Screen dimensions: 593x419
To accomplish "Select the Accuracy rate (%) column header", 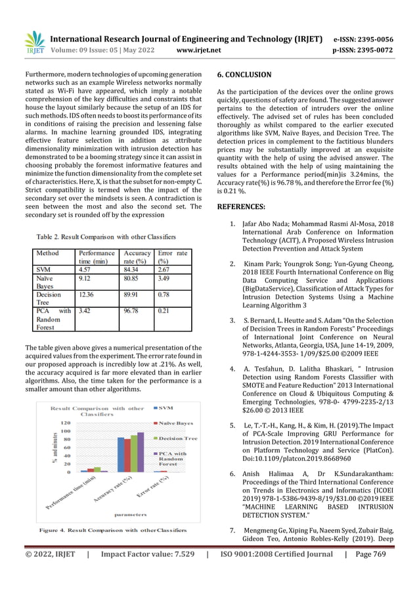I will pos(137,257).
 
